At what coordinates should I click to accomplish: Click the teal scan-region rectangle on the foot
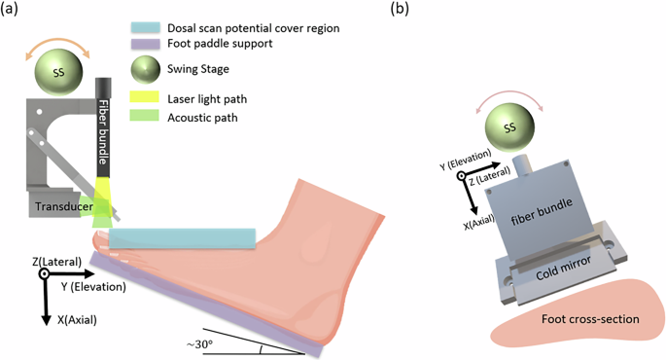click(182, 237)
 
